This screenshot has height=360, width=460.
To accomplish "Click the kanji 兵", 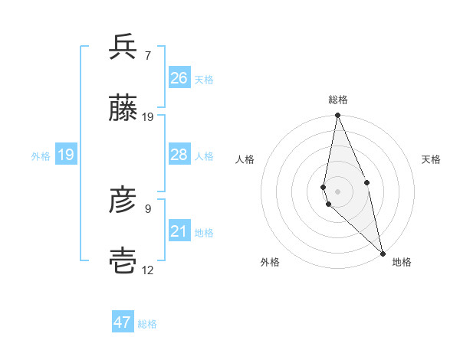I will tap(123, 47).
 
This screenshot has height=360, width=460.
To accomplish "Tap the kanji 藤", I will tap(123, 110).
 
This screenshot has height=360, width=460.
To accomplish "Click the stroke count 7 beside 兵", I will tap(147, 55).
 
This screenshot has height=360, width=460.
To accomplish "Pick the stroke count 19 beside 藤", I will tap(148, 117).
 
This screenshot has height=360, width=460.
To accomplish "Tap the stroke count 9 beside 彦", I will tap(147, 208).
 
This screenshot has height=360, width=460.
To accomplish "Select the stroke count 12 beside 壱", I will tap(148, 270).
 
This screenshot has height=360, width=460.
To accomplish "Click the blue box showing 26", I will tap(179, 78).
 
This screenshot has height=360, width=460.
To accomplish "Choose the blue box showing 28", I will tap(179, 155).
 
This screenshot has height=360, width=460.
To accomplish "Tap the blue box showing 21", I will tap(179, 231).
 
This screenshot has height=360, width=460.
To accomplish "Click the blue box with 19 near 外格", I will tap(66, 155).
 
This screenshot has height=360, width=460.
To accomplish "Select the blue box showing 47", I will tap(123, 322).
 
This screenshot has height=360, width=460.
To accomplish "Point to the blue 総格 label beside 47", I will tap(147, 324).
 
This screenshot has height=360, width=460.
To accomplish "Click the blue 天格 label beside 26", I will tap(204, 79).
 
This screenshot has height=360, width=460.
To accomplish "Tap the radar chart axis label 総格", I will tap(338, 100).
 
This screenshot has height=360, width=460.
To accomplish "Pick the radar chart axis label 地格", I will tap(402, 262).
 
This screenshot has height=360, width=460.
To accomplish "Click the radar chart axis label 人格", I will tap(245, 159).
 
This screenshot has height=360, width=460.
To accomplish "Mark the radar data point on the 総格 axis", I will tap(337, 116).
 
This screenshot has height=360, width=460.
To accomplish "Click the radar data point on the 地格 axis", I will tap(382, 253).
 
